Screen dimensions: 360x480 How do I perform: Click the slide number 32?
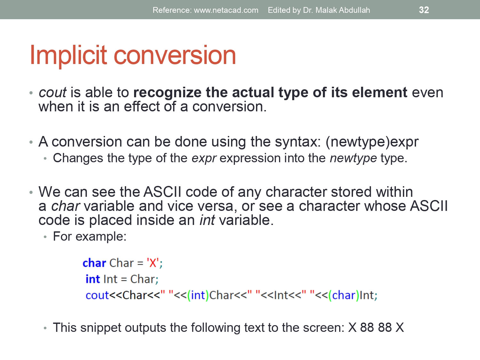424,10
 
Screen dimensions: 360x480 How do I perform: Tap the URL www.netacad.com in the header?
226,10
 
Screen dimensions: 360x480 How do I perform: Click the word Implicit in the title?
68,55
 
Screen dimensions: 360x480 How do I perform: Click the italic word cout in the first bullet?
52,92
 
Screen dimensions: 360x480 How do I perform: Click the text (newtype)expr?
372,142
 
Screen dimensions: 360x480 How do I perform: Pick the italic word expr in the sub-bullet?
204,158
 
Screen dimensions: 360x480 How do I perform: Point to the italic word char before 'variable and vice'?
65,206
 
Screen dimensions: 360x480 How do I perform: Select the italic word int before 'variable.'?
207,220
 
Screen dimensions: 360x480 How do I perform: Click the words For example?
90,236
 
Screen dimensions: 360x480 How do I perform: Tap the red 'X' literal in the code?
153,263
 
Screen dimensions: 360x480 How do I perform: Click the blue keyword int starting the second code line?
93,279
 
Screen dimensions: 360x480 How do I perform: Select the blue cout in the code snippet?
97,295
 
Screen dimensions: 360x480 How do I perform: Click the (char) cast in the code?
344,295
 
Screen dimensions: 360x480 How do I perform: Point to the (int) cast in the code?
198,295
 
